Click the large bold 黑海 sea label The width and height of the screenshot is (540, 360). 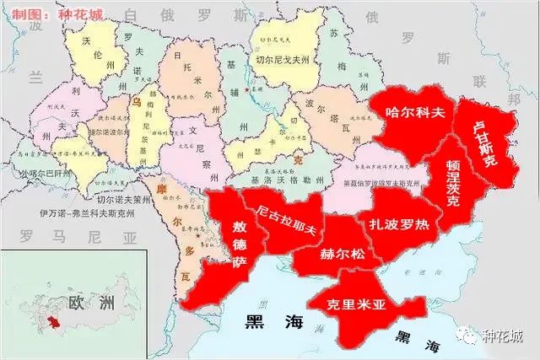click(269, 321)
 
